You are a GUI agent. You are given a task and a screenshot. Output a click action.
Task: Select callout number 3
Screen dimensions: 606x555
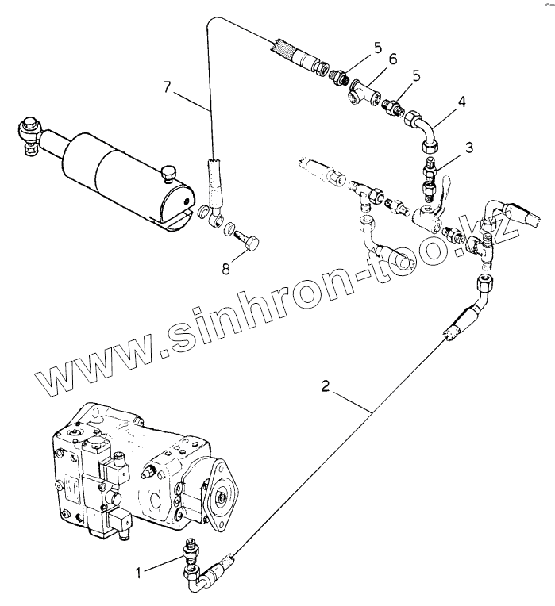click(470, 148)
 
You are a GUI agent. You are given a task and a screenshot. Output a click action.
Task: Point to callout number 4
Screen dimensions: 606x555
click(461, 102)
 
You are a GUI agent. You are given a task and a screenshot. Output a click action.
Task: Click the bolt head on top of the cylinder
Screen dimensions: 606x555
click(168, 171)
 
